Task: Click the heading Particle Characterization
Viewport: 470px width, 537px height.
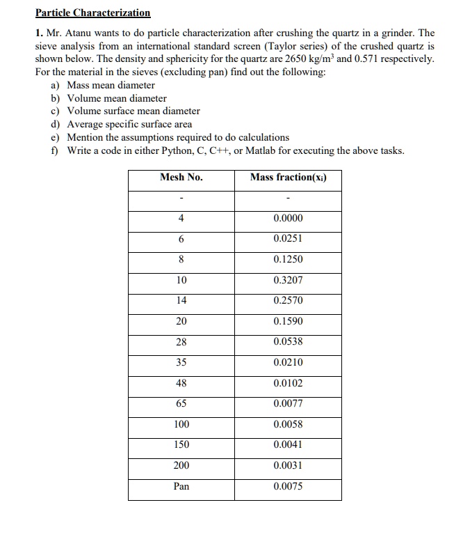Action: (x=92, y=13)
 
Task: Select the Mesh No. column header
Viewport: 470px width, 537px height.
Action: (x=181, y=177)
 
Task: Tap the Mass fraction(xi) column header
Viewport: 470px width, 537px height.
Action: (x=288, y=177)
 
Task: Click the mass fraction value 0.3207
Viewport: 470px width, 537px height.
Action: (x=288, y=280)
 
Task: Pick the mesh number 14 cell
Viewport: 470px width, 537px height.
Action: (x=181, y=300)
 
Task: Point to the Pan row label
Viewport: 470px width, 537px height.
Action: (x=181, y=486)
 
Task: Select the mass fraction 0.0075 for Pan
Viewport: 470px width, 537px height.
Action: (x=288, y=486)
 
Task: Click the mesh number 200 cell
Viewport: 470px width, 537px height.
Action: (x=181, y=465)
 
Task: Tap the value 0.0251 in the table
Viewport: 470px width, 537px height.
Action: (x=288, y=238)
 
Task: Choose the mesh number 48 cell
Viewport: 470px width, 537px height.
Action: (x=181, y=383)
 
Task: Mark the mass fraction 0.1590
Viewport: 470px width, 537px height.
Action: (x=288, y=321)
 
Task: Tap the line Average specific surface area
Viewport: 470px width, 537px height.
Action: (x=129, y=124)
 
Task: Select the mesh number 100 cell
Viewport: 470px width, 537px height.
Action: (x=181, y=424)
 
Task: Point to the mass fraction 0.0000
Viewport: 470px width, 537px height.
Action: (x=288, y=218)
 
